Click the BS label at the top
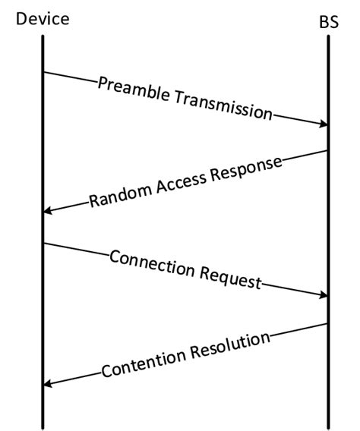[328, 22]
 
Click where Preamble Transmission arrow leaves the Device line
[44, 72]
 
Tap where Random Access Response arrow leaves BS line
[327, 150]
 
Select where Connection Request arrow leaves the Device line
[44, 244]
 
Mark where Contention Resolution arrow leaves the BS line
[327, 323]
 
